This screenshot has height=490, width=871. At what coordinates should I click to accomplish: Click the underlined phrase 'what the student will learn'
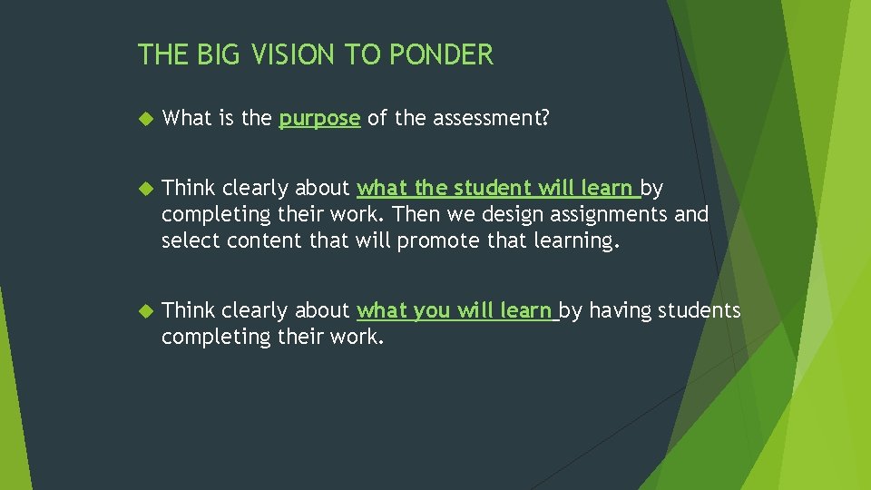tap(496, 189)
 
